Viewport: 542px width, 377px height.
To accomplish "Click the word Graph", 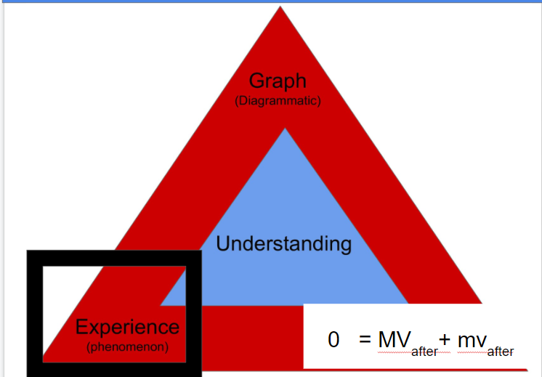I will pos(278,81).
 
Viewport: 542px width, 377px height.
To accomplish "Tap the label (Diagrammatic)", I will pos(278,101).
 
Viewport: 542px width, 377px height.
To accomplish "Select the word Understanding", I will pos(283,243).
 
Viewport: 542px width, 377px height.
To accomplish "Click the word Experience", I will pos(127,328).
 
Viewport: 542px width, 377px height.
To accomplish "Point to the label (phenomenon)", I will pos(127,347).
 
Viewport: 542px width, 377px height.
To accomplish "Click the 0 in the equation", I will pos(333,339).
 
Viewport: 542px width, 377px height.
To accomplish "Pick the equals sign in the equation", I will pos(365,339).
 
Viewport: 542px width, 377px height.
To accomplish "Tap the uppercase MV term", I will pos(395,339).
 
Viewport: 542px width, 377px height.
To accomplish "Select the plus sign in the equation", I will pos(445,339).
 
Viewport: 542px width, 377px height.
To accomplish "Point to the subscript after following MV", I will pos(424,352).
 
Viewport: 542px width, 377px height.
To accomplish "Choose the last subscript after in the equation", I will pos(501,352).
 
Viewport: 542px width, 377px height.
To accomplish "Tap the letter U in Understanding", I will pos(223,243).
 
